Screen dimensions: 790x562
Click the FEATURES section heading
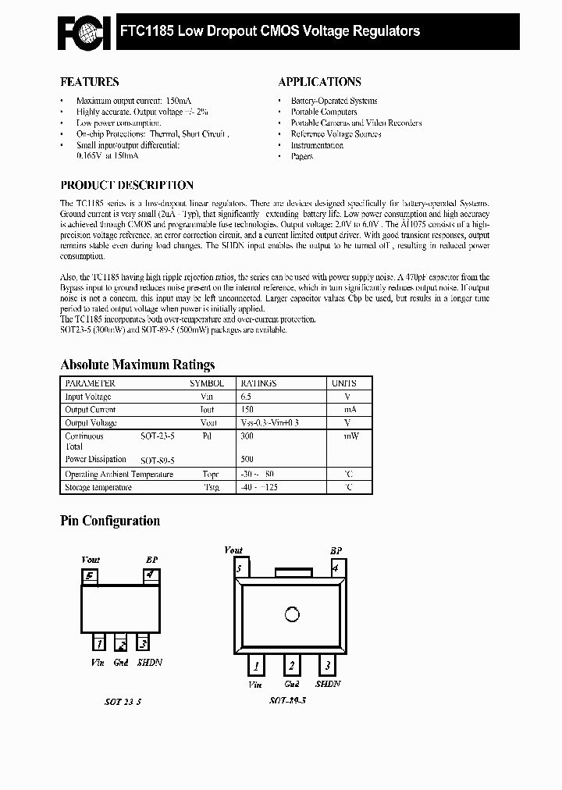[x=90, y=81]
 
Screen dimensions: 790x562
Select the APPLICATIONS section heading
[x=319, y=81]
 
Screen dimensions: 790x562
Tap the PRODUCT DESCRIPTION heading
[x=126, y=186]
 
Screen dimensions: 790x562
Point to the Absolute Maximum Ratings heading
[x=137, y=365]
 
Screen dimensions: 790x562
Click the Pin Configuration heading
[x=110, y=521]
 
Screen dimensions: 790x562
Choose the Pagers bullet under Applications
[x=301, y=156]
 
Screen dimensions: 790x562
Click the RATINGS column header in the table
[x=258, y=383]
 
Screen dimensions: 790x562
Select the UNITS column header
[x=344, y=383]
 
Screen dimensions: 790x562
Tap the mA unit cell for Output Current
[x=349, y=410]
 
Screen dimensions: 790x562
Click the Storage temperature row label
[x=98, y=487]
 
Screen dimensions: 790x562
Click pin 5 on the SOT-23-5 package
[x=91, y=577]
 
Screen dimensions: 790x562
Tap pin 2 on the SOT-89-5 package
[x=291, y=666]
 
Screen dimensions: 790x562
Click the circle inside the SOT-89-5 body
[x=291, y=614]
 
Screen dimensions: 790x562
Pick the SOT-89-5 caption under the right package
[x=287, y=700]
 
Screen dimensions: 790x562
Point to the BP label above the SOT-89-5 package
[x=336, y=550]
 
